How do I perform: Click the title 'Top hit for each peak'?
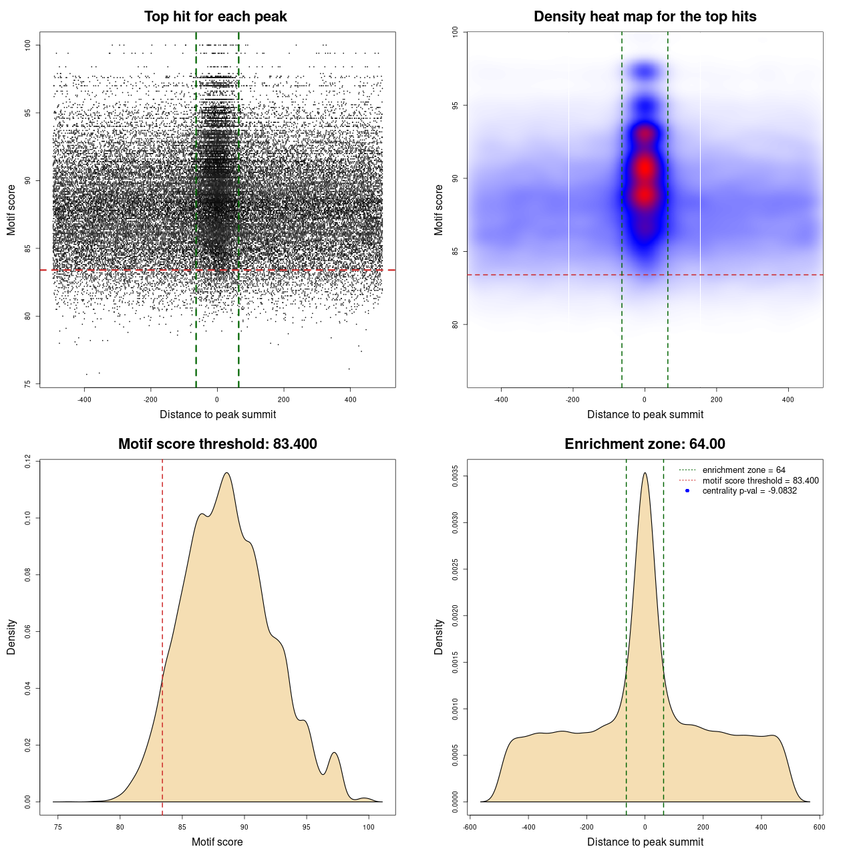215,17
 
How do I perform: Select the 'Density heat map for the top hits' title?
645,17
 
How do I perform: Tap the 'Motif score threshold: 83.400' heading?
217,444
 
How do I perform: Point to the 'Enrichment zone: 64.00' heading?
645,444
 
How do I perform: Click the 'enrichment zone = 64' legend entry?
743,470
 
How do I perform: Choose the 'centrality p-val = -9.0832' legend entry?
749,491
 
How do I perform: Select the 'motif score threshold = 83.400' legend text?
760,481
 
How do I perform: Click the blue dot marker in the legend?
687,491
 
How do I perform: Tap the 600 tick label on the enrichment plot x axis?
819,827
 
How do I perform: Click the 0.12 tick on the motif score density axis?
27,461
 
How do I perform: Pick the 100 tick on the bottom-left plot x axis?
369,827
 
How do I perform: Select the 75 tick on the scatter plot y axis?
27,384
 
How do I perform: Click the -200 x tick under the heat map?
572,399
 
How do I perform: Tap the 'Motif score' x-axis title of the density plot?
217,842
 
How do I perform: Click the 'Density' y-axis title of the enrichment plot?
439,637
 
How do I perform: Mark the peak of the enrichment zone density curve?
645,474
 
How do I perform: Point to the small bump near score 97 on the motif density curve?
335,753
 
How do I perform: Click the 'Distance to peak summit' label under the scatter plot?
218,415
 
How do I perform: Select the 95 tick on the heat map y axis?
455,106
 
